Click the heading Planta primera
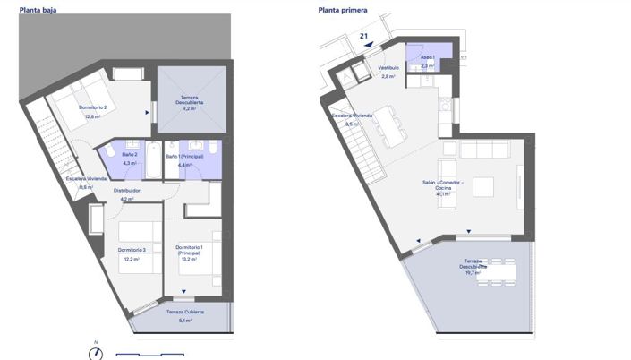coord(342,10)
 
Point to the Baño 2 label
coord(129,155)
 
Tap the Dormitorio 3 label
coord(132,250)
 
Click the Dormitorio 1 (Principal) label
coord(189,249)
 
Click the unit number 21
coord(363,37)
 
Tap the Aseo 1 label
coord(428,56)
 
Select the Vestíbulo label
coord(388,68)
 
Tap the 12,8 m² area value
coord(91,116)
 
